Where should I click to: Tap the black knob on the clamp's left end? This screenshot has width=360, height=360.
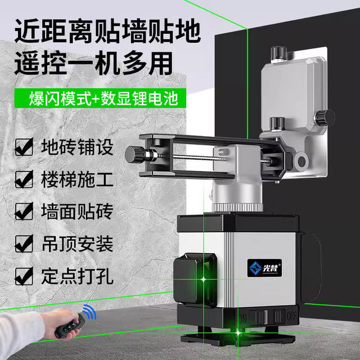136,152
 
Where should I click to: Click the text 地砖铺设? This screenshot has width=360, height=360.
76,147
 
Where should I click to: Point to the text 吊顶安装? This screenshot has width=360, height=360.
76,244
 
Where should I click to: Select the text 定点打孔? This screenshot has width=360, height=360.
76,276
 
